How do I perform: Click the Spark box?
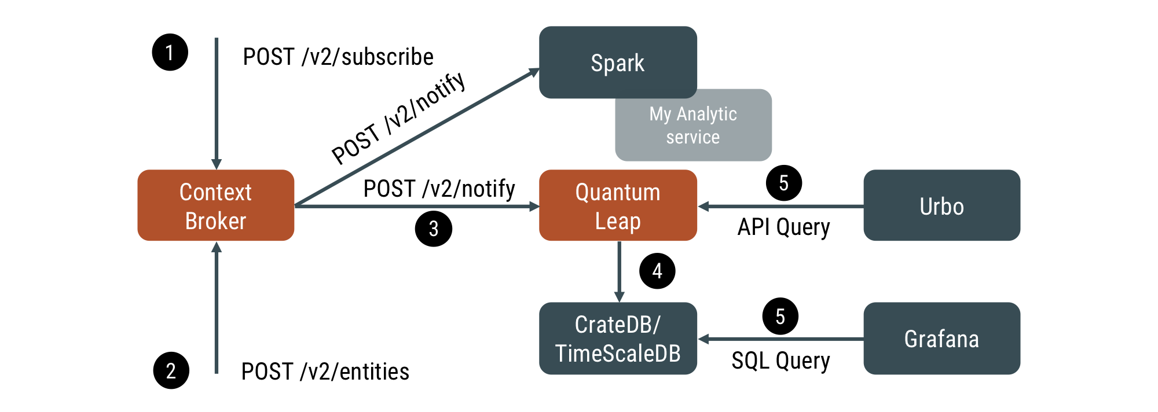click(x=618, y=62)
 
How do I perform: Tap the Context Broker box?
click(x=215, y=205)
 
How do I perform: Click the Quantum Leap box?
click(x=618, y=205)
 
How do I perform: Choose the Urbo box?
click(x=941, y=205)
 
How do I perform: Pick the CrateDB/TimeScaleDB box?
click(x=618, y=339)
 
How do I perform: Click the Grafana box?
click(x=941, y=339)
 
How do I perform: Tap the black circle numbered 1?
click(x=170, y=53)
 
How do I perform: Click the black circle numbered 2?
click(x=171, y=370)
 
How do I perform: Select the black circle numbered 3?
click(x=433, y=229)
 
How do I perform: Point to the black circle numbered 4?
click(x=657, y=271)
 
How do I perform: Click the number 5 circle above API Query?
click(x=783, y=183)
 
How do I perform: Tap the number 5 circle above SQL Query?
click(x=780, y=317)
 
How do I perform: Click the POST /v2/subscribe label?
click(x=338, y=57)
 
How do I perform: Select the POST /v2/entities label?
click(x=325, y=371)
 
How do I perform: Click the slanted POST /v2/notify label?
click(x=398, y=119)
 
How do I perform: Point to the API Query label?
click(x=783, y=227)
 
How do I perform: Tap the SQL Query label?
click(x=780, y=360)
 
